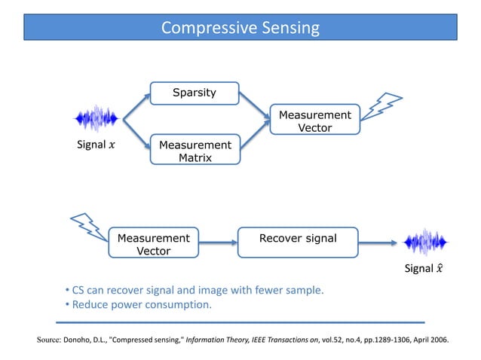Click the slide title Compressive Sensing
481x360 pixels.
240,28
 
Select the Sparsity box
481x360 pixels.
194,93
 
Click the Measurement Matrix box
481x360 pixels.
194,151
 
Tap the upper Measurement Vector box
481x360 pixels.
314,121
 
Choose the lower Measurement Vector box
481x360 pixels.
153,243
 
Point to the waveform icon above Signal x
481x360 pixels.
97,118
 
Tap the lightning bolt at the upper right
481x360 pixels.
385,108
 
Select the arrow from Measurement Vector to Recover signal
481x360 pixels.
218,243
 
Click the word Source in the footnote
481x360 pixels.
49,340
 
